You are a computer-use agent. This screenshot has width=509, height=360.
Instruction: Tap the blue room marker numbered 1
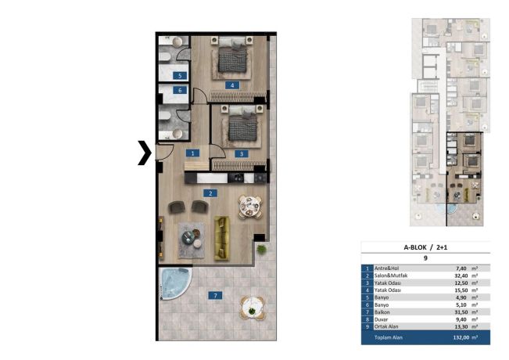tap(192, 153)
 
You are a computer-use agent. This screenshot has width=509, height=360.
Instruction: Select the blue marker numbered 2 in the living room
tap(210, 193)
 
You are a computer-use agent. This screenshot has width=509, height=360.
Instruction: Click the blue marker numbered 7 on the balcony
tap(215, 295)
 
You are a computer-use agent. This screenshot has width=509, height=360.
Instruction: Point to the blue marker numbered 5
tap(180, 76)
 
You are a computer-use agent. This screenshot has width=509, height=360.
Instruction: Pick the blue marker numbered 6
tap(180, 90)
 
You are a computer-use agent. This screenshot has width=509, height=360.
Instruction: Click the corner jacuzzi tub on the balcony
tap(174, 283)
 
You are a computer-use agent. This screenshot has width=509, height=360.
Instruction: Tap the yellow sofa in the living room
tap(222, 238)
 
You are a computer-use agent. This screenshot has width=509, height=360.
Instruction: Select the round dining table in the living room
tap(249, 207)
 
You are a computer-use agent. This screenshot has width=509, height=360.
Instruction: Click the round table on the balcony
tap(253, 308)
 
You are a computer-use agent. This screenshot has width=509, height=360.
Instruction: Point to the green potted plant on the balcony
tap(261, 250)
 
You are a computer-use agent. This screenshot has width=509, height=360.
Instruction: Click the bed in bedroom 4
tap(231, 55)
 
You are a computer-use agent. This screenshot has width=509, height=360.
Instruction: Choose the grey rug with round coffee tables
tap(192, 240)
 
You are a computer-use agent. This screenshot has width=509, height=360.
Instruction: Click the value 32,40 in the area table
tap(461, 275)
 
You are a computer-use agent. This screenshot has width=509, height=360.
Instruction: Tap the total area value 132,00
tap(461, 337)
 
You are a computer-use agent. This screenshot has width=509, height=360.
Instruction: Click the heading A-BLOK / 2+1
tap(425, 247)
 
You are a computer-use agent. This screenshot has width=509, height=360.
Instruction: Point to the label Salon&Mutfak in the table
tap(391, 275)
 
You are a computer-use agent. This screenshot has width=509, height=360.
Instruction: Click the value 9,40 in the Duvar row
tap(462, 319)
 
